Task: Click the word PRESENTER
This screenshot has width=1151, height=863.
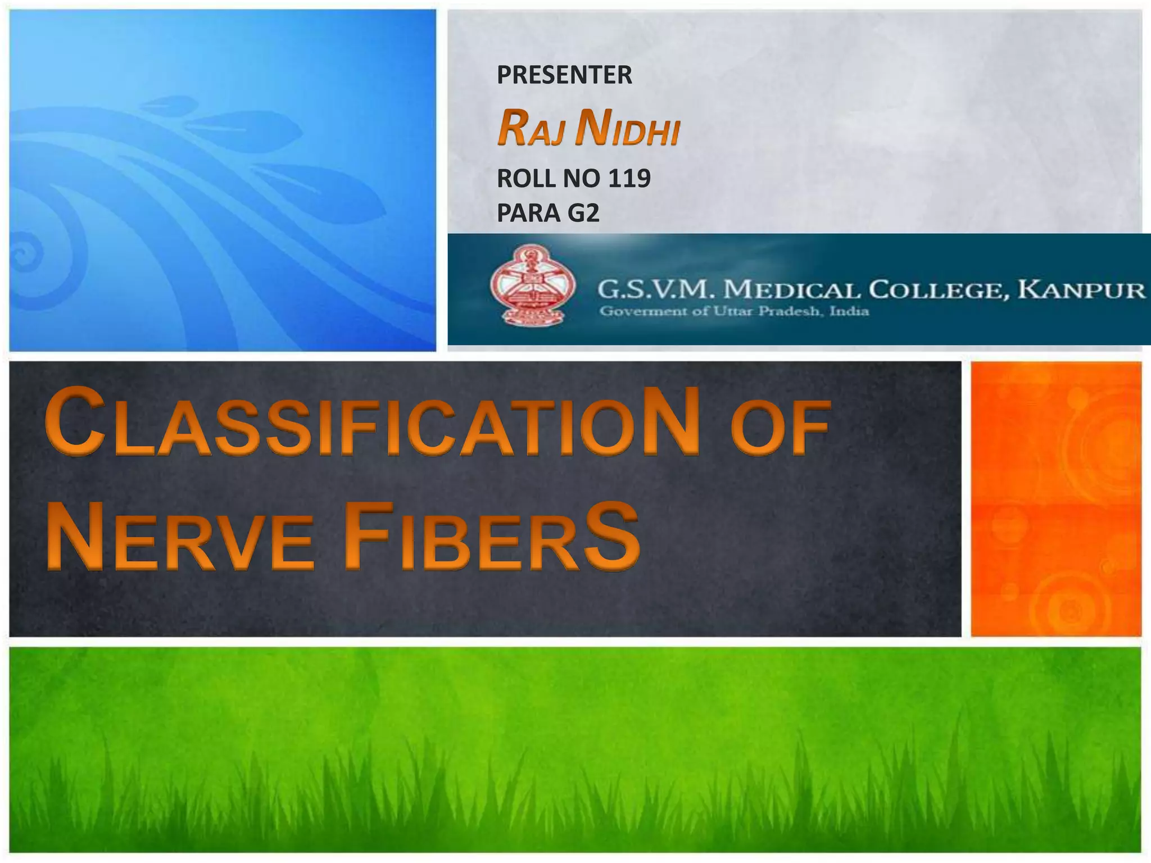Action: tap(564, 75)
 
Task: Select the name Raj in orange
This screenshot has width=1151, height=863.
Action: tap(530, 129)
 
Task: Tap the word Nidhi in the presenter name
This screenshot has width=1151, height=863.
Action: tap(628, 129)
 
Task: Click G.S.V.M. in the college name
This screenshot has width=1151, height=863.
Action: tap(656, 290)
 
